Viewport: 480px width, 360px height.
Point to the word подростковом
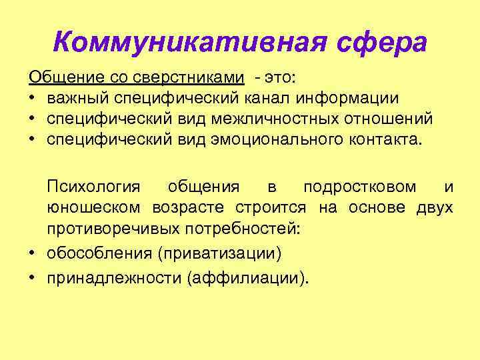pos(361,187)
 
